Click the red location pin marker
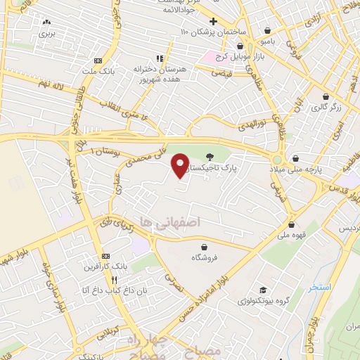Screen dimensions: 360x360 pyautogui.click(x=180, y=164)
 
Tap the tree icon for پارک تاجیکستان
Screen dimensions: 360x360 pyautogui.click(x=209, y=157)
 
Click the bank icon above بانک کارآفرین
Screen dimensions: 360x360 pyautogui.click(x=106, y=256)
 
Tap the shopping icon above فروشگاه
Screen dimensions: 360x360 pyautogui.click(x=204, y=247)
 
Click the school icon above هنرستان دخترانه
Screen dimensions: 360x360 pyautogui.click(x=160, y=58)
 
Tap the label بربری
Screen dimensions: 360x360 pyautogui.click(x=46, y=33)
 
